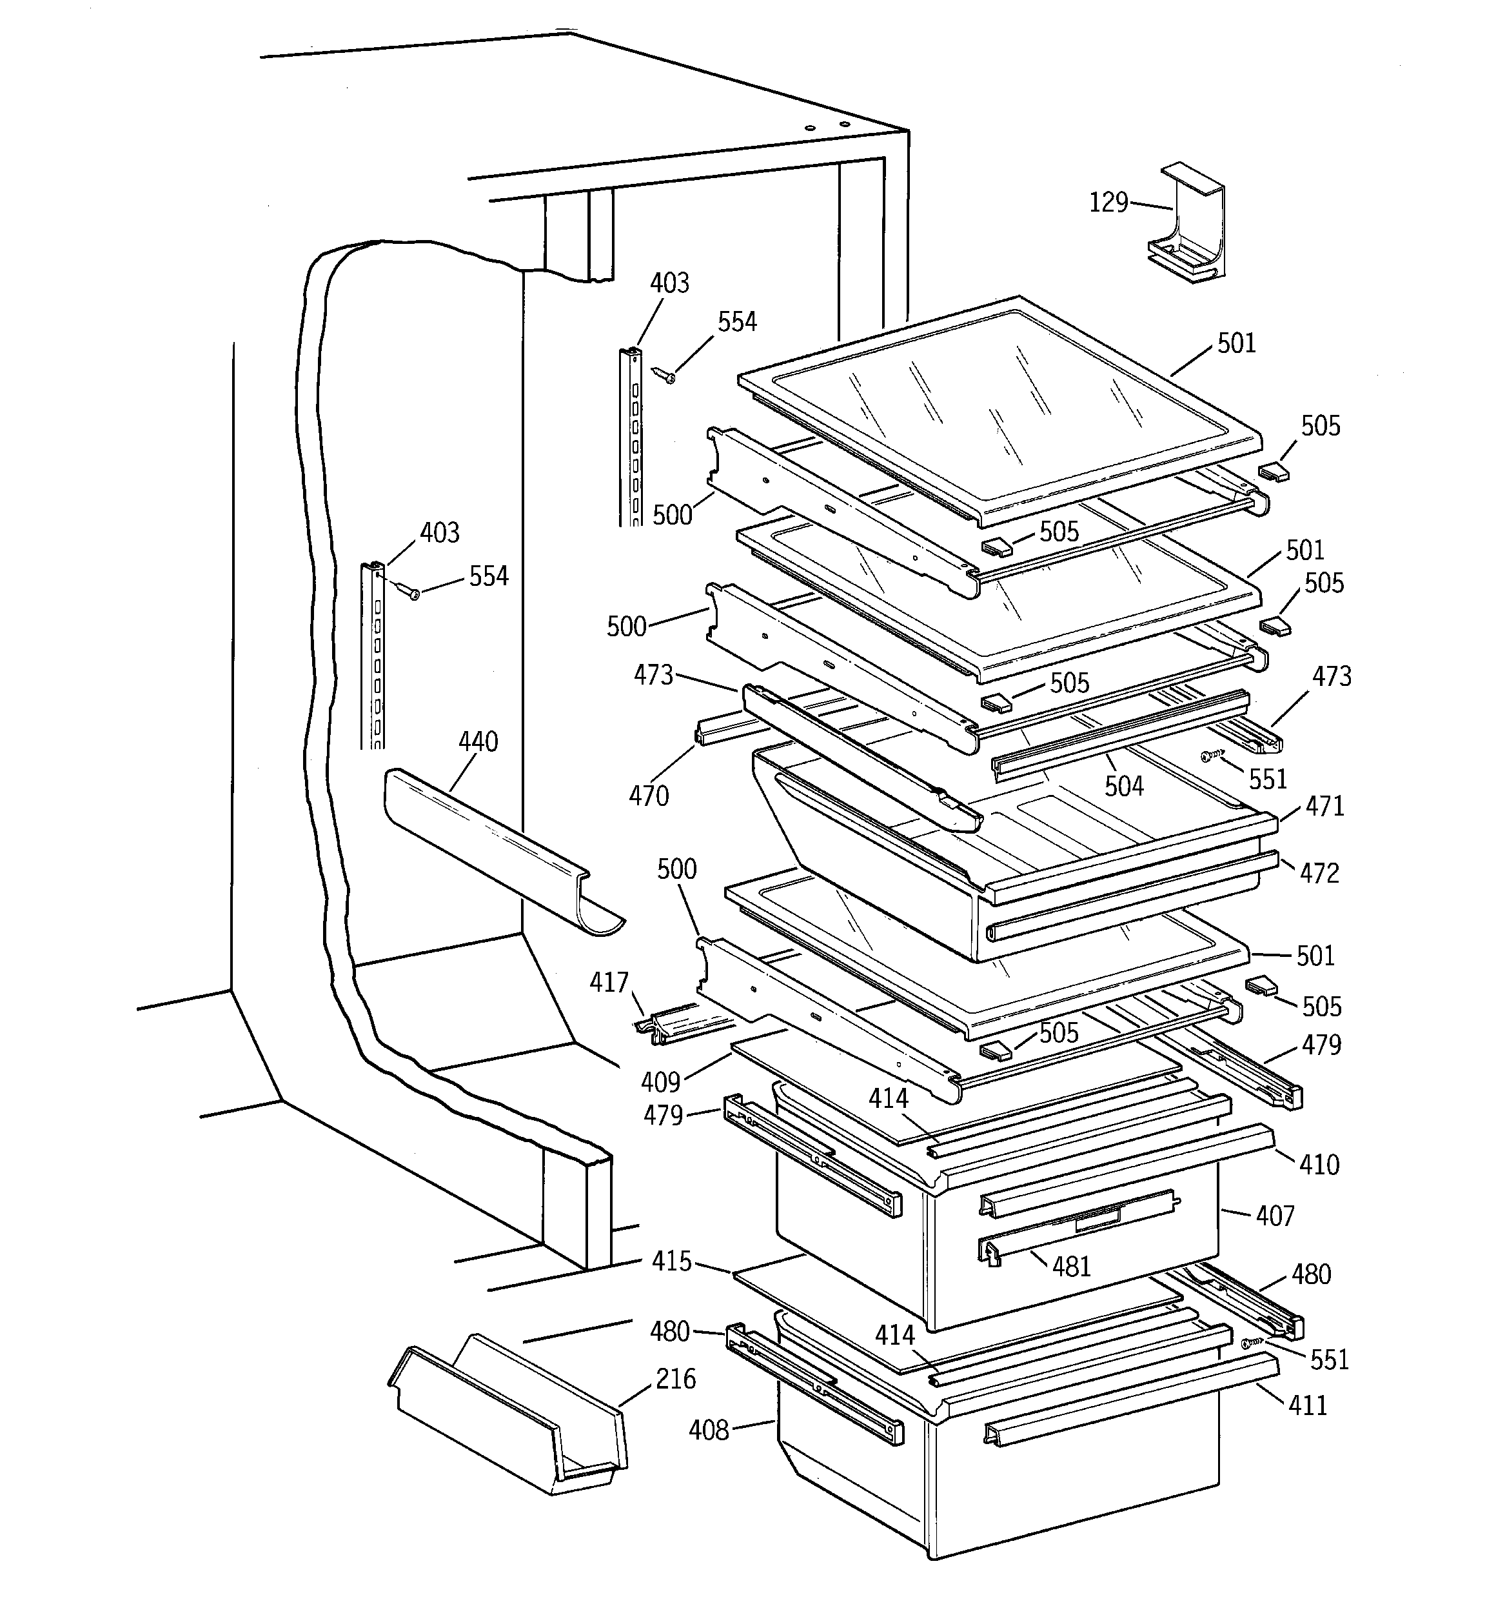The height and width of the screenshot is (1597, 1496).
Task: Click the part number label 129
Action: (1108, 203)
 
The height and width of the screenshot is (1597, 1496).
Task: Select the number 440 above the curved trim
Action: (478, 741)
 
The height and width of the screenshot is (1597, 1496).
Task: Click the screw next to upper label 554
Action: (664, 374)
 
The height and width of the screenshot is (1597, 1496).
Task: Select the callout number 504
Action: (1123, 787)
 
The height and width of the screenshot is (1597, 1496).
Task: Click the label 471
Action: (1324, 806)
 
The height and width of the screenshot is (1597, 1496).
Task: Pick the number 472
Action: (1319, 873)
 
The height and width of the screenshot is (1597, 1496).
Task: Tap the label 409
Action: (660, 1082)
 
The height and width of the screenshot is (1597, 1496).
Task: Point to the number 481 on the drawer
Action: (1071, 1267)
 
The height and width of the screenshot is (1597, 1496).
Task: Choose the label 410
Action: (1319, 1164)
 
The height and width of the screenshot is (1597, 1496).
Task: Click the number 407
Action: (1275, 1216)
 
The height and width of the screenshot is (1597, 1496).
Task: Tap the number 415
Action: (671, 1261)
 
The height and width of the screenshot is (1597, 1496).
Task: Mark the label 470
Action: (648, 796)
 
